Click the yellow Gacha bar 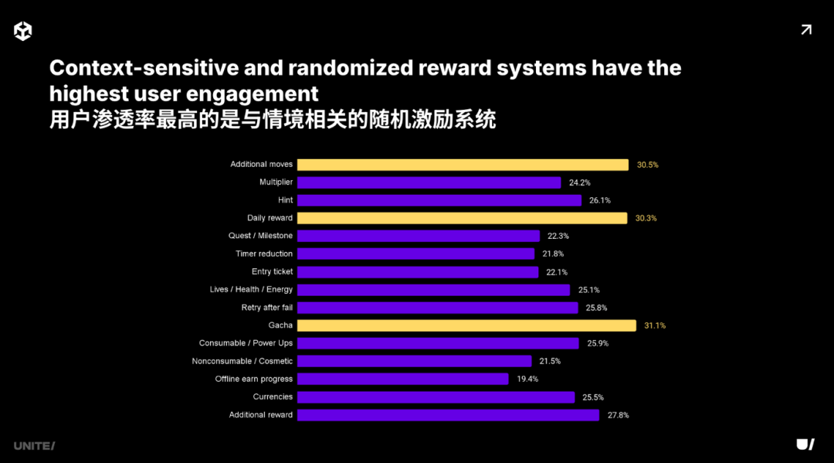[466, 325]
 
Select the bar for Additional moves [463, 165]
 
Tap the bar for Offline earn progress [402, 379]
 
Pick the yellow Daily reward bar [462, 218]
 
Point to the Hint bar [439, 200]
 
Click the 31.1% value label [655, 325]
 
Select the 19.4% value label [527, 379]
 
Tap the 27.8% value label [618, 415]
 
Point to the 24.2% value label [580, 182]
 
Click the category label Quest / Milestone [260, 236]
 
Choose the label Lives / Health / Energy [251, 290]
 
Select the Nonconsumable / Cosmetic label [242, 361]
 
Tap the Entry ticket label [272, 272]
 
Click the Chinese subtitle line [272, 120]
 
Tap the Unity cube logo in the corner [23, 31]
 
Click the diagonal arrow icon [806, 30]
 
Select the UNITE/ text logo [34, 446]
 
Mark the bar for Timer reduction [415, 254]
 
